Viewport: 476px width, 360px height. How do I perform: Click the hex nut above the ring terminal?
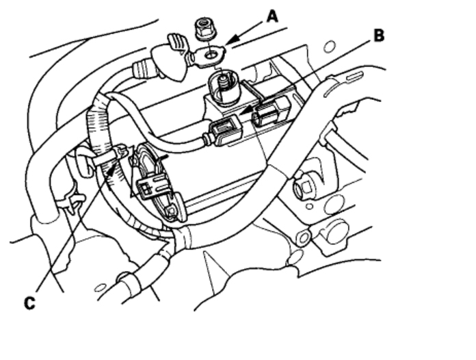203,29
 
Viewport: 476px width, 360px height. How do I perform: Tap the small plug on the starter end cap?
153,186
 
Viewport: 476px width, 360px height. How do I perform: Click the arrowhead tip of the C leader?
109,170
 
